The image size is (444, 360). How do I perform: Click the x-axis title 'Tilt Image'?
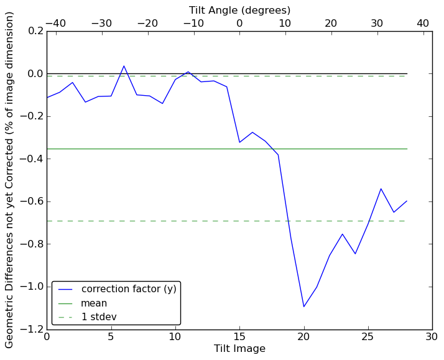tap(239, 349)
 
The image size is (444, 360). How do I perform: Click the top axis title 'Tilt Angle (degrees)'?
tap(239, 10)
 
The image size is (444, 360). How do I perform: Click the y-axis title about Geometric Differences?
tap(10, 180)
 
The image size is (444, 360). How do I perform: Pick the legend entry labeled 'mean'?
tap(94, 303)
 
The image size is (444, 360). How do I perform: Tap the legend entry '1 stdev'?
tap(99, 317)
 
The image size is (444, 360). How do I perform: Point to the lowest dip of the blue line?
tap(304, 307)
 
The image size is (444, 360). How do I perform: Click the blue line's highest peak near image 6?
tap(124, 66)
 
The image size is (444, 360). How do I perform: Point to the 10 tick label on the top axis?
tap(285, 23)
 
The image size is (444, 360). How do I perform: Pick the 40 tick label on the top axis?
tap(423, 23)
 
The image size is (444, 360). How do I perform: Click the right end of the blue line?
tap(407, 201)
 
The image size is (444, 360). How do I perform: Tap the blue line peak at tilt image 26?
tap(381, 188)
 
